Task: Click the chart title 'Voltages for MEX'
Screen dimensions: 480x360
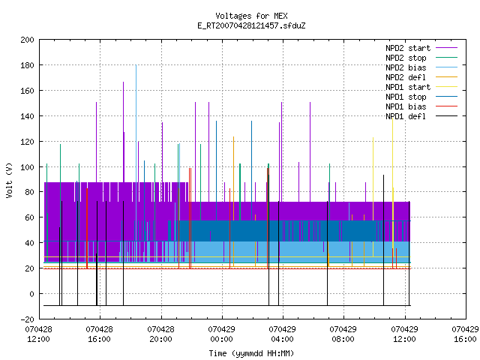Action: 251,16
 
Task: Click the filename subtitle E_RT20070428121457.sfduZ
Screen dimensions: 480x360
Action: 251,25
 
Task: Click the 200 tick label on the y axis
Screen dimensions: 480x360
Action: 27,40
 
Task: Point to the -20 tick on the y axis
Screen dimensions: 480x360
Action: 27,319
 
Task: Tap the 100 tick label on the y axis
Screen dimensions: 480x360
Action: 27,167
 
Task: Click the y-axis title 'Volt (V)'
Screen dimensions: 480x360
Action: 9,180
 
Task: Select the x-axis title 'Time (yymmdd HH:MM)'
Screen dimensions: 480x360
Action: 251,353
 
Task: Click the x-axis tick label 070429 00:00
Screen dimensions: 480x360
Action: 222,334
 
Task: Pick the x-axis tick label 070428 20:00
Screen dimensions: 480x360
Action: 160,334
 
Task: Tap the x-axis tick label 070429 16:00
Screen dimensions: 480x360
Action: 465,334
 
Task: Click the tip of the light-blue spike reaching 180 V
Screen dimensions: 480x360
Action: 136,65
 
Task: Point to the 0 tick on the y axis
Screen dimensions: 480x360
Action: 31,294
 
